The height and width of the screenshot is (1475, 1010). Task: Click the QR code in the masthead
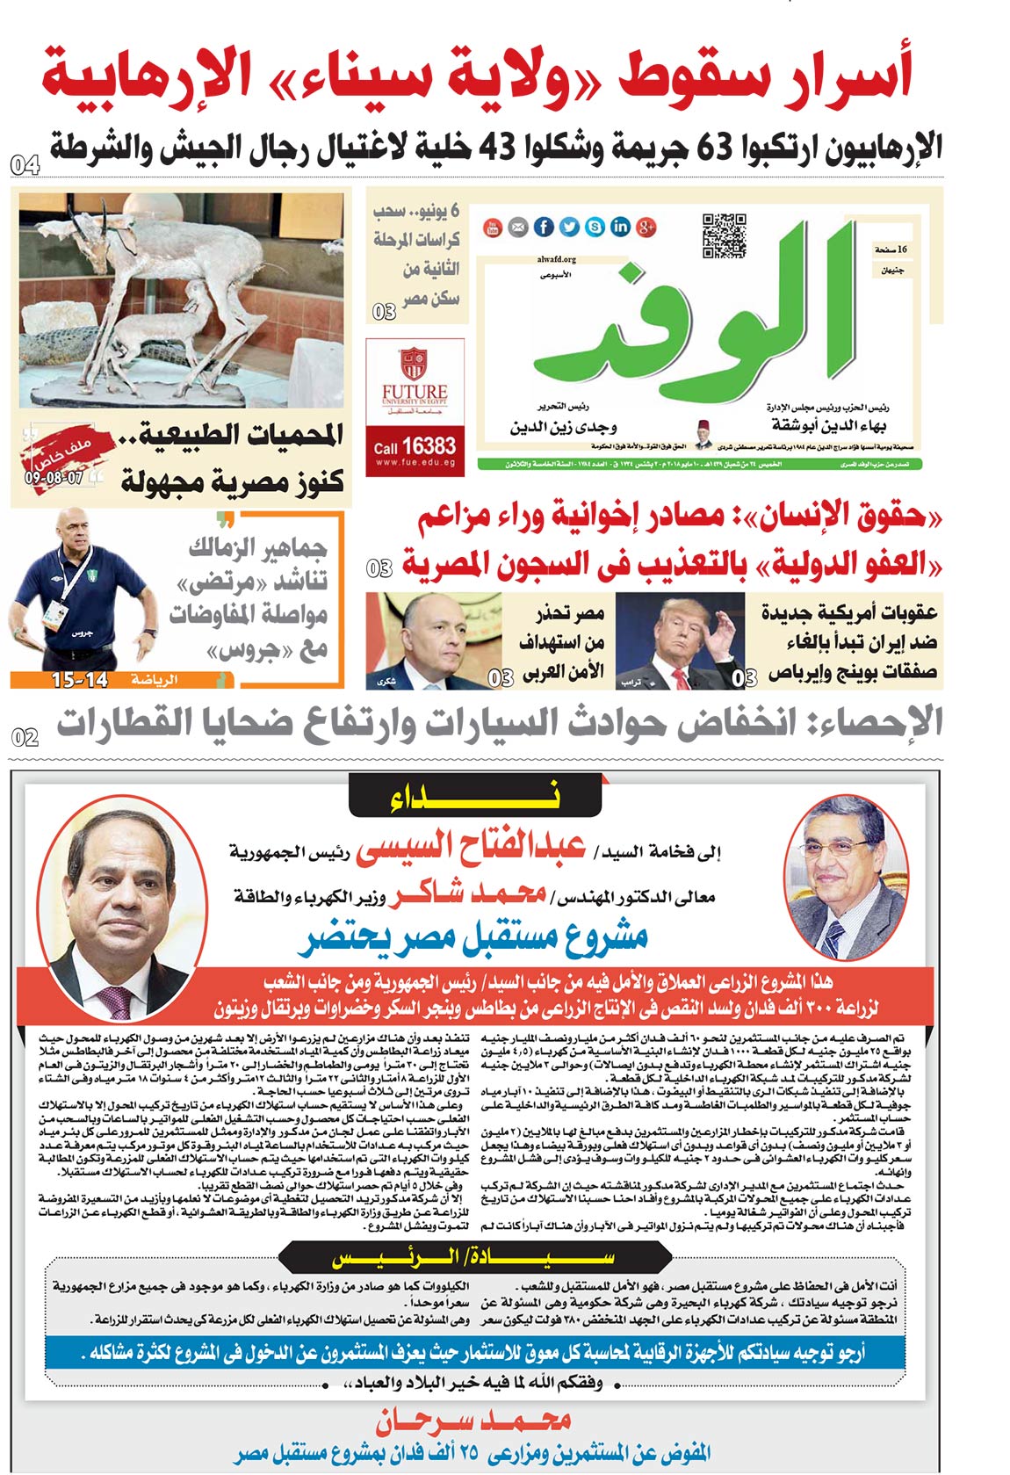[x=725, y=235]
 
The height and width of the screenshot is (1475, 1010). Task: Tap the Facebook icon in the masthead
[x=544, y=228]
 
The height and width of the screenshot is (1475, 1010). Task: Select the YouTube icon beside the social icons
[x=493, y=228]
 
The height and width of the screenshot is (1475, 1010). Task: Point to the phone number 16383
[x=428, y=446]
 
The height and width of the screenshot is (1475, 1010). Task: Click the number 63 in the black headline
[x=714, y=147]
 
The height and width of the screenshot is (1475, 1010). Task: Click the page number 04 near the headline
[x=25, y=164]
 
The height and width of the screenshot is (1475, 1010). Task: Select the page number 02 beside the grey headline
[x=25, y=737]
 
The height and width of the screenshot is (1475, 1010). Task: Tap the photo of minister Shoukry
[x=435, y=640]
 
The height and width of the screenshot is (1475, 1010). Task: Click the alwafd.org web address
[x=556, y=259]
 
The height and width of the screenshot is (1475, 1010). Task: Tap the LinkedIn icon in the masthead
[x=620, y=228]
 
